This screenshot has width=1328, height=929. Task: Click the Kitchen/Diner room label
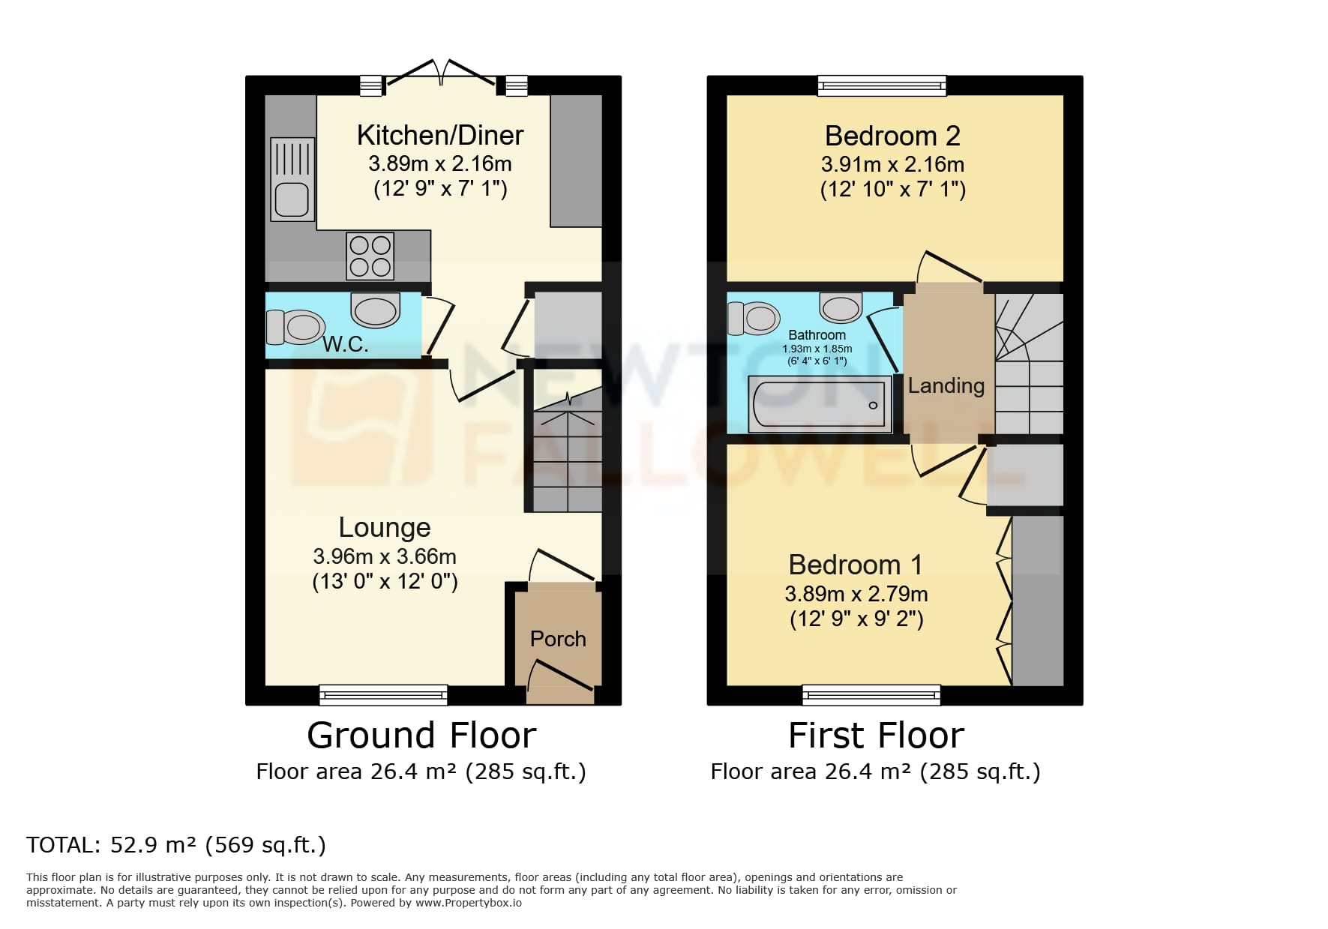coord(439,136)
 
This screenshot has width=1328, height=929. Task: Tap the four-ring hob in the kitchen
coord(370,256)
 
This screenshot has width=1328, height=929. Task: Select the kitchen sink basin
coord(292,199)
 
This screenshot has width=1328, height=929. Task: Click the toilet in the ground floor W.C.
coord(295,327)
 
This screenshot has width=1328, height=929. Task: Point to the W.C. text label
coord(346,345)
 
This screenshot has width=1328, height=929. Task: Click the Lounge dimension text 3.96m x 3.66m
coord(384,556)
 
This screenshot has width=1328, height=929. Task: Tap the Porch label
coord(557,639)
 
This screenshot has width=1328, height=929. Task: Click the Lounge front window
coord(383,694)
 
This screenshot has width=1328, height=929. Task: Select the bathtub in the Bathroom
coord(820,404)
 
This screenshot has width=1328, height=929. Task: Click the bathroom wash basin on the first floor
coord(840,307)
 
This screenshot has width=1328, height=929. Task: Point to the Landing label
coord(946,385)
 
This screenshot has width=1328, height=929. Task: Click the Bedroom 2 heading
coord(892,136)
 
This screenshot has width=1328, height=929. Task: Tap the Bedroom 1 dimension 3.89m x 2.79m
coord(856,594)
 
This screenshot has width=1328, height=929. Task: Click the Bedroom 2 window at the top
coord(881,85)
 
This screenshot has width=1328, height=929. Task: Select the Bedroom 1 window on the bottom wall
coord(871,694)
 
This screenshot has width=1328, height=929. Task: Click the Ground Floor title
coord(421,736)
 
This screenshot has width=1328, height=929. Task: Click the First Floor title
coord(876,736)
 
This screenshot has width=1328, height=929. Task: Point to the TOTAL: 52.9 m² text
coord(176,845)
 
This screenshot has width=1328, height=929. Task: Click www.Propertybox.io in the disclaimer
coord(468,903)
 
